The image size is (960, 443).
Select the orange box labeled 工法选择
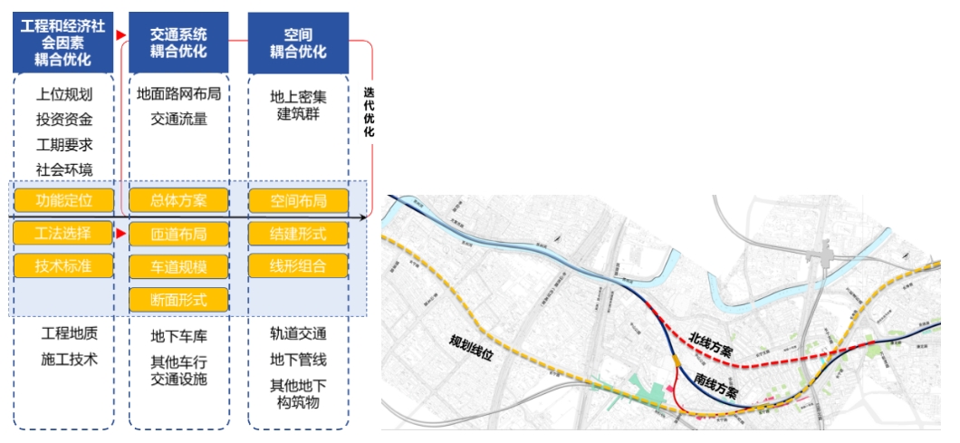tap(63, 233)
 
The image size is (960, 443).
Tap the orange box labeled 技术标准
tap(63, 265)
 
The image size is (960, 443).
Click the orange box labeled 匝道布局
tap(178, 234)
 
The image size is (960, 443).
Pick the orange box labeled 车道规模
tap(178, 266)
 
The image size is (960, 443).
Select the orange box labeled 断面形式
tap(178, 299)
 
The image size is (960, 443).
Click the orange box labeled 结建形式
tap(298, 234)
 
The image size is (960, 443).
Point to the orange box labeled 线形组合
tap(298, 266)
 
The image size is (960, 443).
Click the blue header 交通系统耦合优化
tap(178, 43)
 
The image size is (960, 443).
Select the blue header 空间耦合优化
tap(298, 43)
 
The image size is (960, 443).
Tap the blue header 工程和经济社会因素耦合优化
tap(63, 43)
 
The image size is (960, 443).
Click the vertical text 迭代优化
tap(369, 112)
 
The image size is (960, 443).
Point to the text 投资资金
tap(63, 119)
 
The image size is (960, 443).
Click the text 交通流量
tap(178, 118)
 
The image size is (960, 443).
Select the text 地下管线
tap(298, 360)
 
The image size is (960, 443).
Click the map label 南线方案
tap(716, 387)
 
